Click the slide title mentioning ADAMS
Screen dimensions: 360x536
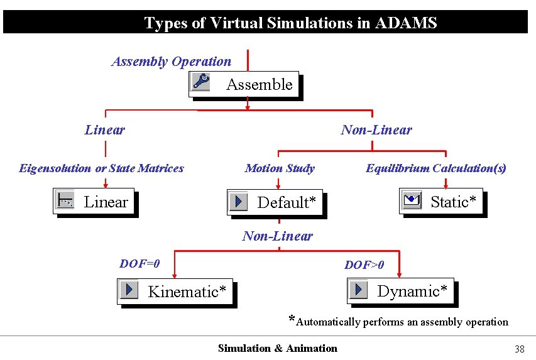[x=290, y=23]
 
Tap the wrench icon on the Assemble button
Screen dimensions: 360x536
[x=202, y=82]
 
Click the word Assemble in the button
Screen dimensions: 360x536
[x=259, y=85]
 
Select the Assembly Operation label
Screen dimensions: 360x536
[x=171, y=62]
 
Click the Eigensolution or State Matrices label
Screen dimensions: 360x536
[x=101, y=168]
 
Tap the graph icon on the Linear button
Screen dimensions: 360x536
[x=65, y=200]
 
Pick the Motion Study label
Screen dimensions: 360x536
[x=280, y=168]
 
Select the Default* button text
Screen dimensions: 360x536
[x=287, y=202]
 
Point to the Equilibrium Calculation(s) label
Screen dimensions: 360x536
[x=436, y=168]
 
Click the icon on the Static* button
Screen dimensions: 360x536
[x=411, y=200]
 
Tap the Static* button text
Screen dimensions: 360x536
[x=453, y=202]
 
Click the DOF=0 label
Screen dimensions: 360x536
[x=139, y=264]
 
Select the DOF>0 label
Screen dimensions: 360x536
[x=364, y=265]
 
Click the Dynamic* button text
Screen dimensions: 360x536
[x=412, y=291]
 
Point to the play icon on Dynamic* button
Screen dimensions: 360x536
[x=359, y=290]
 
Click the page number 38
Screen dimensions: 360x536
[x=519, y=349]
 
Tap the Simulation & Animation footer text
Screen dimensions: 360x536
[x=277, y=349]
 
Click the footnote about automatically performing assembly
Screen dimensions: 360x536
[x=398, y=322]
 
